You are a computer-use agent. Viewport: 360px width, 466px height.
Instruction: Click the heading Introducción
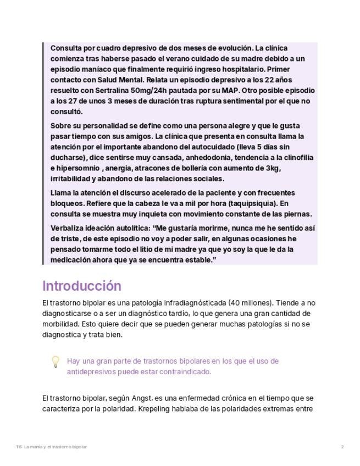[x=82, y=286]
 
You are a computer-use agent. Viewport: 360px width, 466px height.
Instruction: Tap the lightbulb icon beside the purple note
[x=55, y=362]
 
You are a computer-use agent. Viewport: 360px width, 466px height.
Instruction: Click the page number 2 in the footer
[x=342, y=447]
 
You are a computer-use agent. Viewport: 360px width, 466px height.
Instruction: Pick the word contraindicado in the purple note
[x=184, y=371]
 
